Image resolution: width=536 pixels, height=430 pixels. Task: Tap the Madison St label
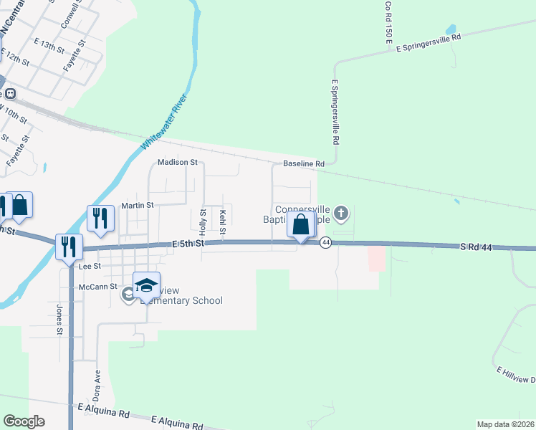[x=177, y=163]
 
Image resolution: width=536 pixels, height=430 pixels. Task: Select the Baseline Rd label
[x=304, y=164]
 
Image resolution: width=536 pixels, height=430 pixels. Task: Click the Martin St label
[x=138, y=205]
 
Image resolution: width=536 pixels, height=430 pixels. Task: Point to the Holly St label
[x=203, y=222]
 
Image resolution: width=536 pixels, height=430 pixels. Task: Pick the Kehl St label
[x=223, y=222]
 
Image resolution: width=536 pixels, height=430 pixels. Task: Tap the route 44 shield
[x=325, y=243]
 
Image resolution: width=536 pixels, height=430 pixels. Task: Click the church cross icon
[x=341, y=213]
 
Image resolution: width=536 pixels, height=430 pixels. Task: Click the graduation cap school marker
[x=146, y=286]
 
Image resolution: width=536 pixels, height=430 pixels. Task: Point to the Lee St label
[x=90, y=265]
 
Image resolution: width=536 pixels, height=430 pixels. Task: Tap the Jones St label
[x=59, y=320]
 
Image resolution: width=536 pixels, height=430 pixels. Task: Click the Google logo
[x=24, y=421]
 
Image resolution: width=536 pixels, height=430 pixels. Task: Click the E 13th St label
[x=49, y=45]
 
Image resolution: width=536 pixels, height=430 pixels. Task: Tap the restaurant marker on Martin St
[x=100, y=219]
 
